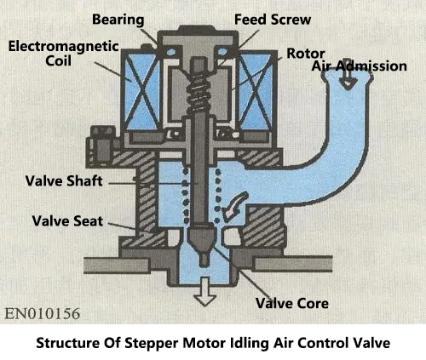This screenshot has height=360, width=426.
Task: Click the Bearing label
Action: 118,20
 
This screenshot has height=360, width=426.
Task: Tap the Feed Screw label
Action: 273,20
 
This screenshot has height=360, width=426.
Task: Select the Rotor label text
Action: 306,54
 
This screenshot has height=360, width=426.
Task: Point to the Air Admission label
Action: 360,66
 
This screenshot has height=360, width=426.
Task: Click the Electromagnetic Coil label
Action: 63,54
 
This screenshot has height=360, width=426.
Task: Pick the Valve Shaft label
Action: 64,181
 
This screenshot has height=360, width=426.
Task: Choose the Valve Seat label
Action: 67,221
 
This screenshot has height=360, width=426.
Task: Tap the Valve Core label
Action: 292,303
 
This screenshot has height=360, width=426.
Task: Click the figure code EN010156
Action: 43,314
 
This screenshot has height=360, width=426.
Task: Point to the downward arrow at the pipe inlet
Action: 347,74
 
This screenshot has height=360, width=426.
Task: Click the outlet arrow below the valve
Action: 204,291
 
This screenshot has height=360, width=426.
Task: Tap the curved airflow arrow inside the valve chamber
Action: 233,207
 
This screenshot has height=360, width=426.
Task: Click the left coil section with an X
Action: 142,91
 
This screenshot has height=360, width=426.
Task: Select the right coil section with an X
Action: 256,91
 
